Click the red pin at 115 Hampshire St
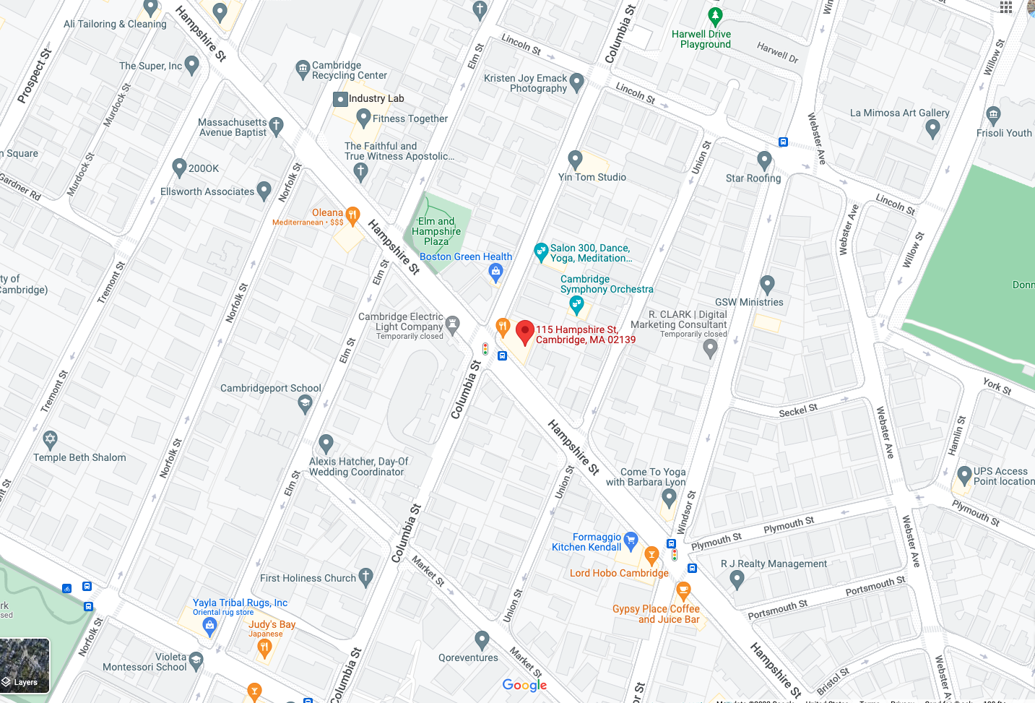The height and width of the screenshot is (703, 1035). click(525, 332)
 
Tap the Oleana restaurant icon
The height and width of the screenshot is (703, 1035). click(352, 215)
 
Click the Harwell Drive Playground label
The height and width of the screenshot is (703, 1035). click(701, 39)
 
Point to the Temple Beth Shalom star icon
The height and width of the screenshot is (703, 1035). click(50, 439)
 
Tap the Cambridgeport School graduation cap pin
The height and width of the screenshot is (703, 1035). click(305, 404)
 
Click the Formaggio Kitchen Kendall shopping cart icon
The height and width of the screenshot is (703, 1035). click(631, 539)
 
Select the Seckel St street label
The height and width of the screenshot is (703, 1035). click(798, 410)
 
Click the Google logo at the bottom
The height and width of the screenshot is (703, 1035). click(524, 685)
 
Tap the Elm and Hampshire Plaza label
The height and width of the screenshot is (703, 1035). click(436, 231)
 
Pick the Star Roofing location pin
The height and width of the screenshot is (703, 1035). click(764, 160)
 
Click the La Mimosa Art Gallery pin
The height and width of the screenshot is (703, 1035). click(932, 129)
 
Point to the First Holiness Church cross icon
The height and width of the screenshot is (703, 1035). click(365, 576)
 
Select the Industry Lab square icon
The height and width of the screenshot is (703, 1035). click(340, 99)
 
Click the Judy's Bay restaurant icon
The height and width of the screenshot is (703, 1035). click(264, 647)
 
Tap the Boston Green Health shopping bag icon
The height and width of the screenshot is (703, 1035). click(495, 272)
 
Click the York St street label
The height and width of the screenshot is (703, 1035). click(997, 386)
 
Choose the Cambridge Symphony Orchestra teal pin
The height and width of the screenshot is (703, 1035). click(576, 305)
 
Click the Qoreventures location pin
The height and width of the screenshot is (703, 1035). click(482, 639)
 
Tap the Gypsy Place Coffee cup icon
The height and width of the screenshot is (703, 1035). click(683, 591)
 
